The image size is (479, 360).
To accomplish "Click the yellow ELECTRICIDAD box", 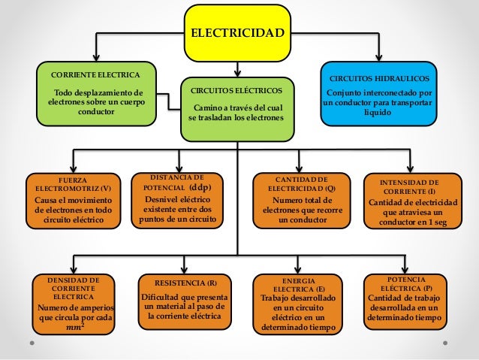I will pyautogui.click(x=237, y=33).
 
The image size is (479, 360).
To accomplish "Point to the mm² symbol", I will pyautogui.click(x=74, y=328).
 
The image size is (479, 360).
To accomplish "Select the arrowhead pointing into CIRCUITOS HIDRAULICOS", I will pyautogui.click(x=379, y=60).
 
